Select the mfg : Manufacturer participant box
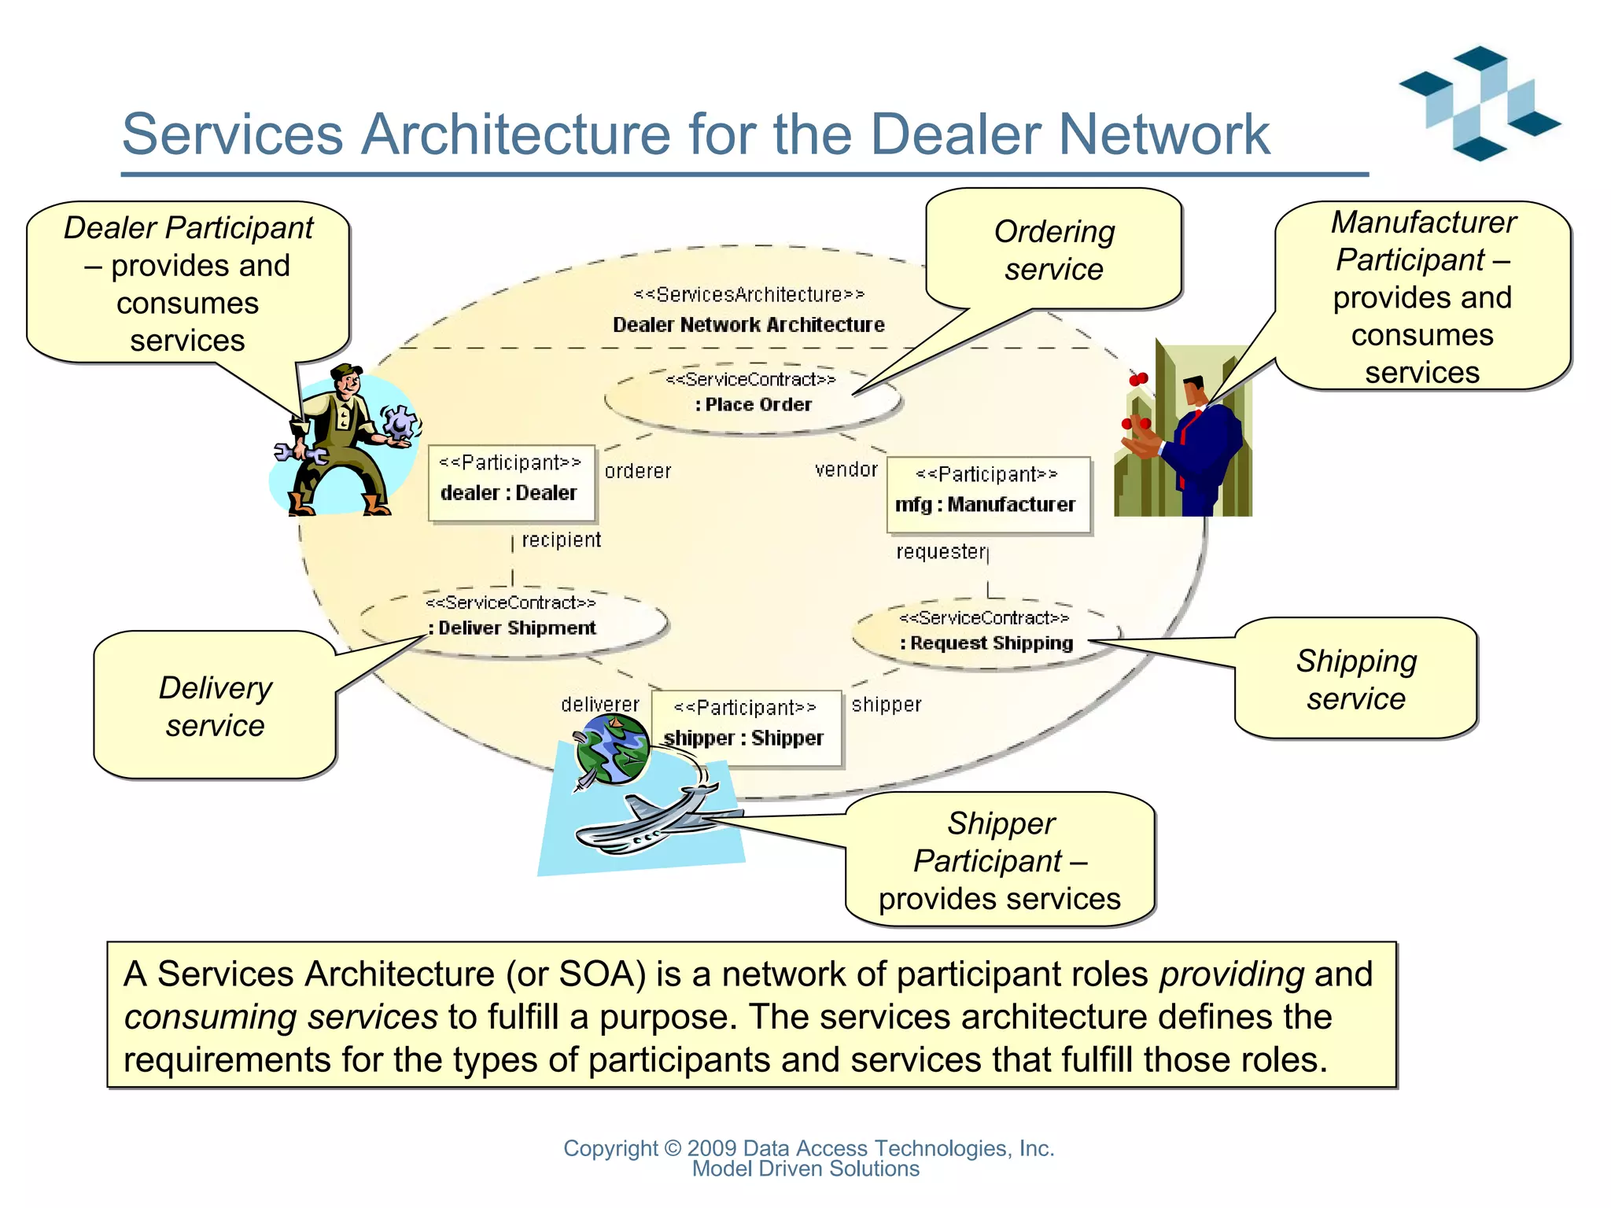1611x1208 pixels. coord(988,495)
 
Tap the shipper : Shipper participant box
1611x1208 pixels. coord(746,728)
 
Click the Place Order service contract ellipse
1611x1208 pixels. coord(752,396)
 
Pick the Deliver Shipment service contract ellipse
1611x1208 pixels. coord(513,621)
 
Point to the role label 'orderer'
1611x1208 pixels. coord(638,471)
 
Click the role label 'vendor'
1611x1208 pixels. coord(846,470)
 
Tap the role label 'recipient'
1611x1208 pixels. coord(561,540)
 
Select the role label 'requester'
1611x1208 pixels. coord(941,552)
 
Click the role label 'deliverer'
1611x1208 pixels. coord(600,705)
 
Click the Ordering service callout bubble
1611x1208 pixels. coord(1053,250)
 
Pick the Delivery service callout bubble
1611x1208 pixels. coord(215,705)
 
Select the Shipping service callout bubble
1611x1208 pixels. coord(1356,679)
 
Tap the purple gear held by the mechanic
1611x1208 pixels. coord(400,422)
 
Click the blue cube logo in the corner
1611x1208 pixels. coord(1479,102)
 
